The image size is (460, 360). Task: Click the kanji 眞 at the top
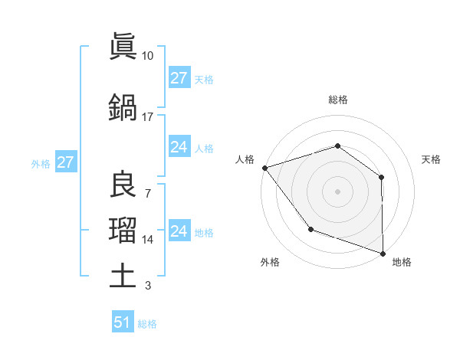pyautogui.click(x=123, y=47)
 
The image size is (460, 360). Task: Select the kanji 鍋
pyautogui.click(x=123, y=107)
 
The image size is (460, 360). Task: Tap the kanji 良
pyautogui.click(x=123, y=185)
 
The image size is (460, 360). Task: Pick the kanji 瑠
pyautogui.click(x=123, y=230)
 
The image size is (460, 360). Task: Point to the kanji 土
pyautogui.click(x=123, y=275)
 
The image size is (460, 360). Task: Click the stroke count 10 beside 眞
pyautogui.click(x=147, y=56)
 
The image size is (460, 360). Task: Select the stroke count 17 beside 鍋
pyautogui.click(x=147, y=117)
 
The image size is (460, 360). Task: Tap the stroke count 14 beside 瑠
pyautogui.click(x=148, y=240)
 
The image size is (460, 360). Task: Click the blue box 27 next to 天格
pyautogui.click(x=179, y=78)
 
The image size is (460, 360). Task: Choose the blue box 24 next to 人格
pyautogui.click(x=179, y=147)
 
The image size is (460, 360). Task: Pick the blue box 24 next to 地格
pyautogui.click(x=179, y=231)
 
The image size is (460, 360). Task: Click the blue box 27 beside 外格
pyautogui.click(x=65, y=162)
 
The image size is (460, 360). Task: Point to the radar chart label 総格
pyautogui.click(x=337, y=100)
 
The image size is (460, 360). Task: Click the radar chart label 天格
pyautogui.click(x=432, y=159)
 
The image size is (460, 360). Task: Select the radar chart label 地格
pyautogui.click(x=402, y=262)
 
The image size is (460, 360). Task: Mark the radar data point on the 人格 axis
pyautogui.click(x=264, y=168)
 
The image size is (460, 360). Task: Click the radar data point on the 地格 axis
pyautogui.click(x=383, y=253)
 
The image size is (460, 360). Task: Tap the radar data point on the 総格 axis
pyautogui.click(x=337, y=146)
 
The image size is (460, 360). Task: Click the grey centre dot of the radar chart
pyautogui.click(x=337, y=191)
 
